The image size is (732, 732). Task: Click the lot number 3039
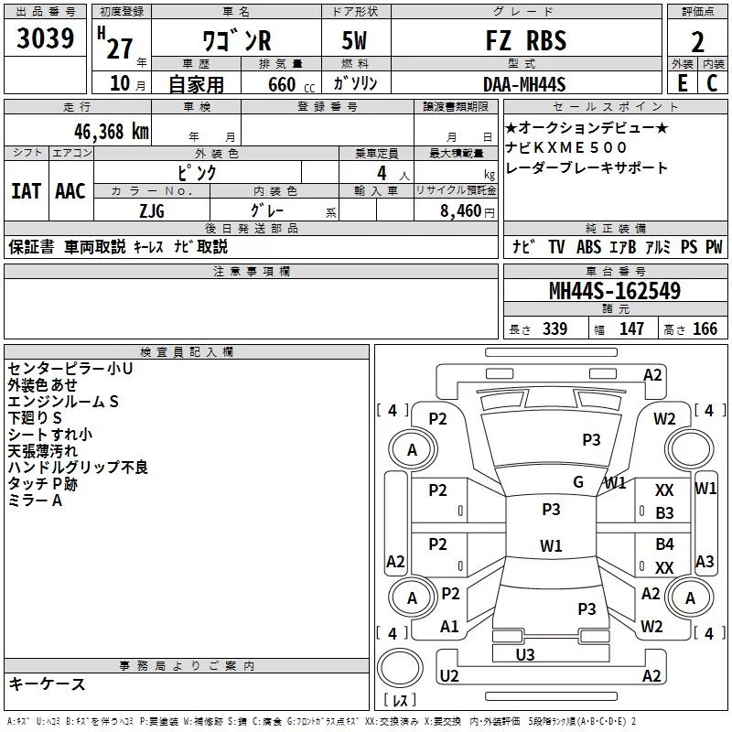45,38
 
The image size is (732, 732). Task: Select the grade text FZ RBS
526,40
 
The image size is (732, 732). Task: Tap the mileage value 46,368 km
112,132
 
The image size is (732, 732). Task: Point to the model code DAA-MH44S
524,84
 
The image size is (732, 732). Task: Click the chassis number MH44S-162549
615,291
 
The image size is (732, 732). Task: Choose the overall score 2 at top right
697,42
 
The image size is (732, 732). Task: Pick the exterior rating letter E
683,83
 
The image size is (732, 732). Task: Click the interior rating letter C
712,83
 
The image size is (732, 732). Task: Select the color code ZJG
152,211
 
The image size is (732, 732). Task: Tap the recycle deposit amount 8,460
461,211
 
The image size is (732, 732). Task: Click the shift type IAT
27,191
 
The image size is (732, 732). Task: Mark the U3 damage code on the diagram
525,655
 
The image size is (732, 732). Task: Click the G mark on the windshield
578,482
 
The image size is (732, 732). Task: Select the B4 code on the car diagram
665,544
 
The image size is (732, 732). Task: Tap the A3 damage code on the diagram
705,561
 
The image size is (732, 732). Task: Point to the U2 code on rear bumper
449,675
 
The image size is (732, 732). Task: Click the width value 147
631,328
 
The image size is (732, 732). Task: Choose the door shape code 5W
354,40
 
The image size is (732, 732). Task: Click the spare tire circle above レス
400,668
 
